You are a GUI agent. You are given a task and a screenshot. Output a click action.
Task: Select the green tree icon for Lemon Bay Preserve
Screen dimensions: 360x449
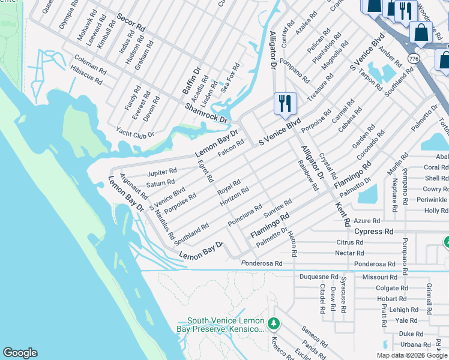click(274, 324)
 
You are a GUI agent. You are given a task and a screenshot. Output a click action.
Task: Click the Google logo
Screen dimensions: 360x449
click(20, 353)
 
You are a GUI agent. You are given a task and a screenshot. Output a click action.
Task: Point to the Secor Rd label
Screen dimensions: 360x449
click(131, 23)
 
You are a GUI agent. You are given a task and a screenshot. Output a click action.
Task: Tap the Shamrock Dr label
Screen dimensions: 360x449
click(206, 112)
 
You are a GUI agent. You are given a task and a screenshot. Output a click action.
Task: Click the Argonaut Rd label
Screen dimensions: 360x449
click(133, 187)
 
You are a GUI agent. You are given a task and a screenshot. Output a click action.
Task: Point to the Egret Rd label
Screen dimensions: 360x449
click(206, 170)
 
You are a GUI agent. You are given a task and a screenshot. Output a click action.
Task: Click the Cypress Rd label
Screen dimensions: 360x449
click(373, 231)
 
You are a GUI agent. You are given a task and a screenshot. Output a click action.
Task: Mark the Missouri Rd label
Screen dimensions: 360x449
click(379, 277)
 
